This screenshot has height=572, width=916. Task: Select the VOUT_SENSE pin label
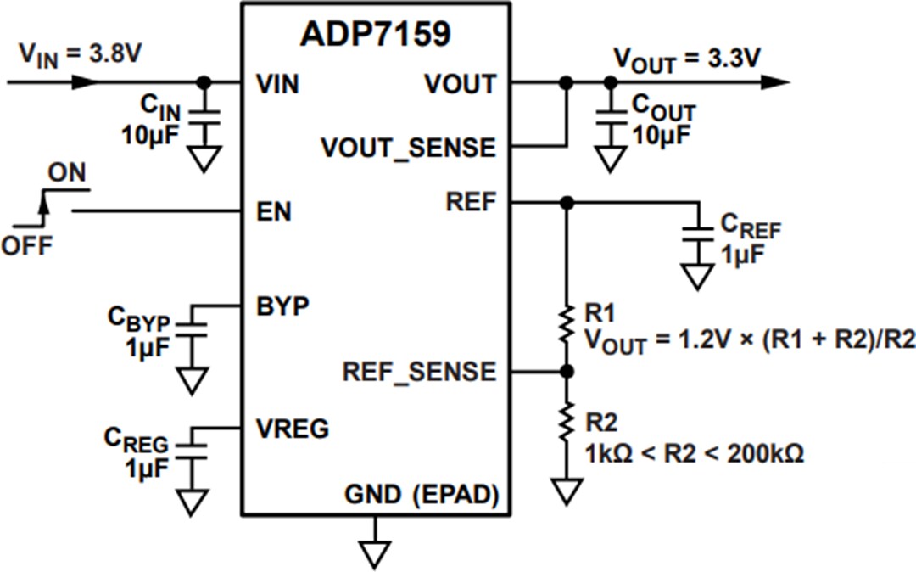click(x=407, y=148)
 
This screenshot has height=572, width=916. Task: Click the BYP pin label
click(x=282, y=306)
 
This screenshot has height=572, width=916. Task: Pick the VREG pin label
click(x=292, y=429)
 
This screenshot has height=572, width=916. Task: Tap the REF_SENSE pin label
click(x=419, y=372)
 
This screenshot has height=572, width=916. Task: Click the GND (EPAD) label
click(x=421, y=493)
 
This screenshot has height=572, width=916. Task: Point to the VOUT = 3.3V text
click(x=687, y=59)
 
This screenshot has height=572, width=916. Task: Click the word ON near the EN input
click(x=66, y=173)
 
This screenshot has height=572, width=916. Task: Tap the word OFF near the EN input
click(x=26, y=246)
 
